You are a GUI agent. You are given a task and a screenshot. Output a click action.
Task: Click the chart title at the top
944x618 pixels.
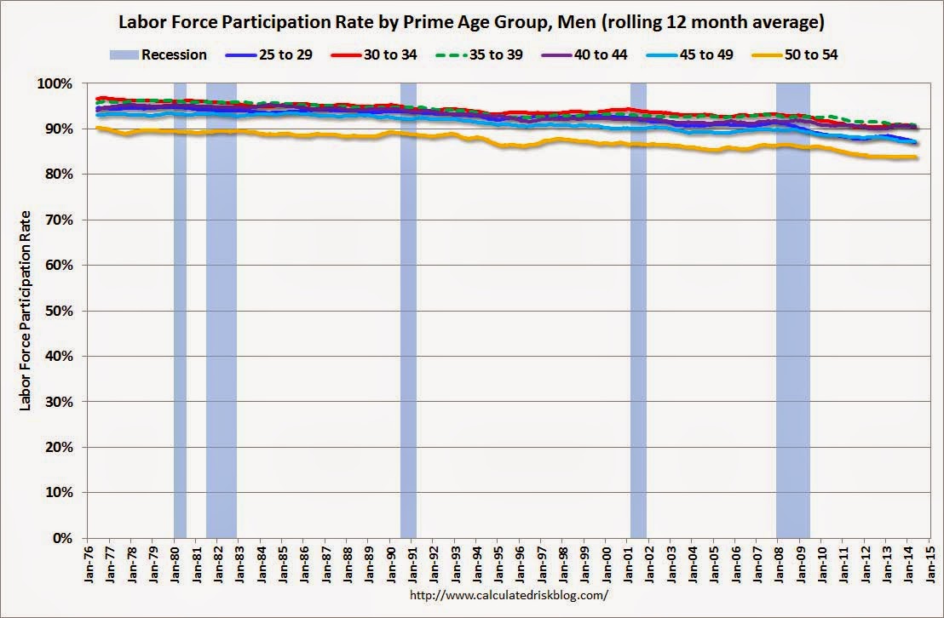pos(471,21)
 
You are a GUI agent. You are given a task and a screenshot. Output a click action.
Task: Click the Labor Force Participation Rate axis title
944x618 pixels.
pos(25,311)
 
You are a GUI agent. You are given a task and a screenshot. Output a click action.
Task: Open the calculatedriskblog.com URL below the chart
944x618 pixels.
pos(509,596)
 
